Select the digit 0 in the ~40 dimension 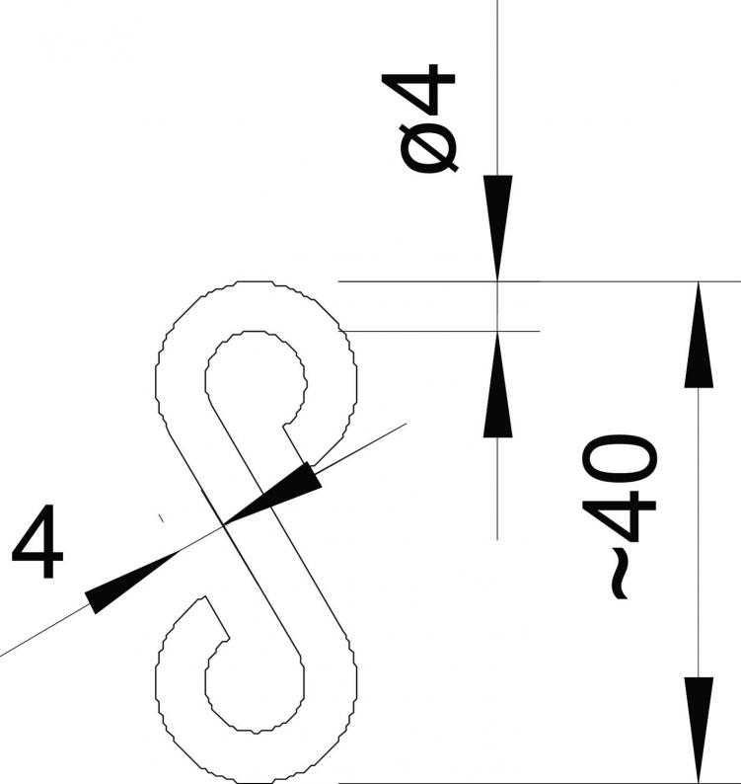(x=619, y=459)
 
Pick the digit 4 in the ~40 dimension (x=619, y=516)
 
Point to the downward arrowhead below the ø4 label (x=497, y=227)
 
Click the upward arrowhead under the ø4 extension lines (x=497, y=384)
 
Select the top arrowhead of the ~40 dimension (x=698, y=335)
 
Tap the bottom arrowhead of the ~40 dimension (x=698, y=731)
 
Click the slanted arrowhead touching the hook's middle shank (x=271, y=494)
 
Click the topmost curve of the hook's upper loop (x=255, y=282)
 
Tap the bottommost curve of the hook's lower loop (x=256, y=781)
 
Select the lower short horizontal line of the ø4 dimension (x=439, y=331)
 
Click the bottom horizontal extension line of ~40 (x=540, y=783)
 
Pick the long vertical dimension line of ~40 (x=698, y=533)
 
